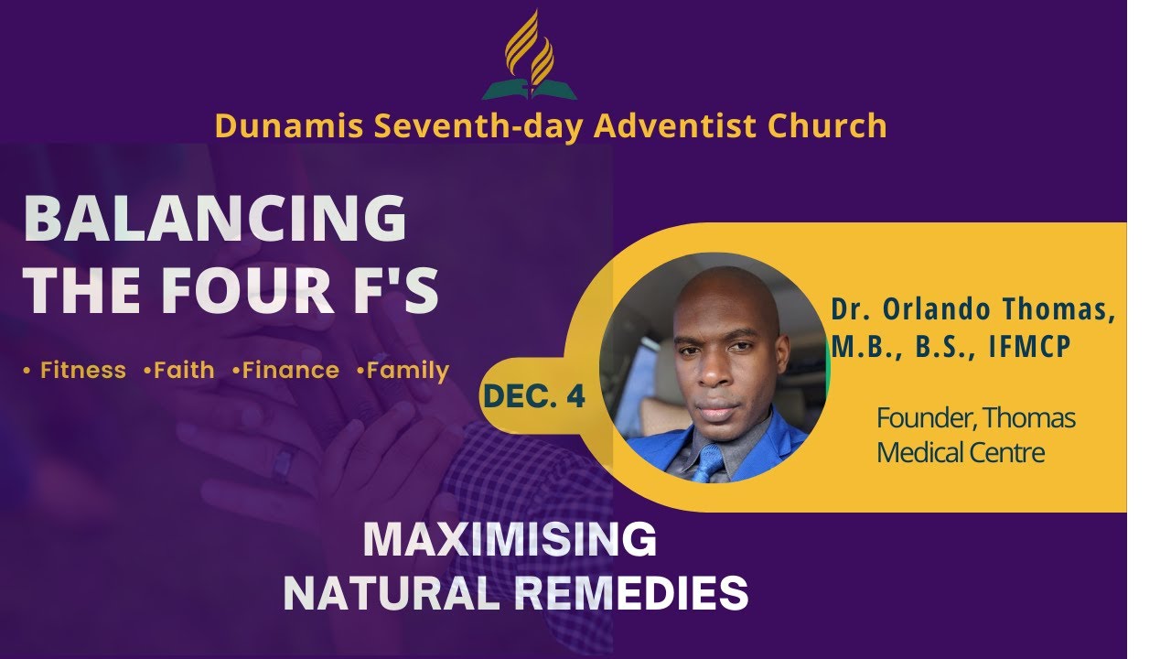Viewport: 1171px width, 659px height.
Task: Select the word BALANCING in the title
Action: pyautogui.click(x=215, y=220)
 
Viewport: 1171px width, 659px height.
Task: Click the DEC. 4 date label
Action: pyautogui.click(x=533, y=395)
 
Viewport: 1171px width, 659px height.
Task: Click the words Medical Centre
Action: pyautogui.click(x=961, y=452)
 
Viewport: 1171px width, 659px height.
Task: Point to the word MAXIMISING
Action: pyautogui.click(x=510, y=540)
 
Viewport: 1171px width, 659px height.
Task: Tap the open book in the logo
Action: pyautogui.click(x=530, y=90)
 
